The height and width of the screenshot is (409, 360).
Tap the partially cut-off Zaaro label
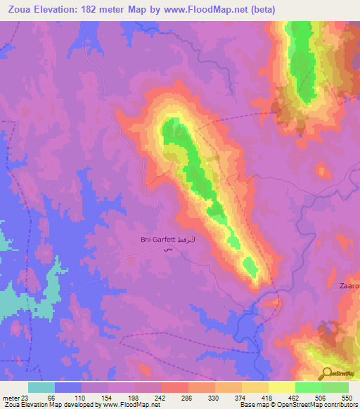(347, 286)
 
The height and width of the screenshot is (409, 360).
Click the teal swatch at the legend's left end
(41, 387)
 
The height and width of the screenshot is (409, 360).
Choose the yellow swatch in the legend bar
(281, 387)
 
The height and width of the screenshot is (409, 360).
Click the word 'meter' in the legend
(11, 398)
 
